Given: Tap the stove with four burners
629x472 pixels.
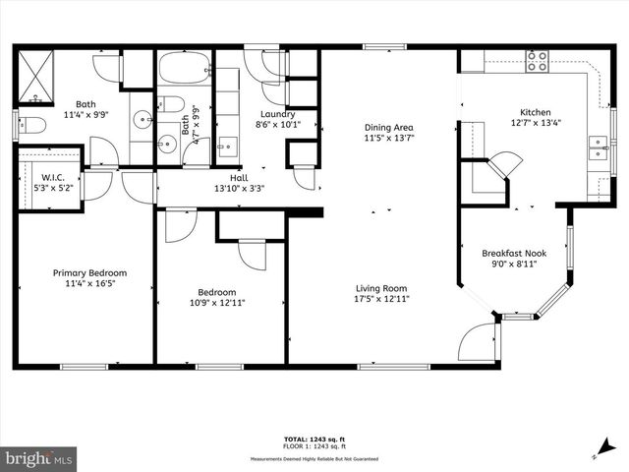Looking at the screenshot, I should click(x=537, y=61).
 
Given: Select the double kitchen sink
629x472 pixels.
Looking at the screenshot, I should click(x=598, y=148).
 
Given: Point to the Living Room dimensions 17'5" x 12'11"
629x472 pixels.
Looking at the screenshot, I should click(x=382, y=299).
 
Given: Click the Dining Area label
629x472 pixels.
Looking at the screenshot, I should click(x=388, y=127).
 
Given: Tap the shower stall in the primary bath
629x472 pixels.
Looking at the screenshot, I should click(x=37, y=76).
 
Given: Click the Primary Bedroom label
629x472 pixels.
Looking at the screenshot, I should click(x=89, y=273).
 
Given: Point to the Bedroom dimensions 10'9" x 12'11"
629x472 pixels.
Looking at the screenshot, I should click(x=216, y=304).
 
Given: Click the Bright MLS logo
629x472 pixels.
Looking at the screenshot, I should click(x=39, y=458).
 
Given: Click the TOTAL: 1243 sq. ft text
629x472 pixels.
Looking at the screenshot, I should click(x=314, y=439).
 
